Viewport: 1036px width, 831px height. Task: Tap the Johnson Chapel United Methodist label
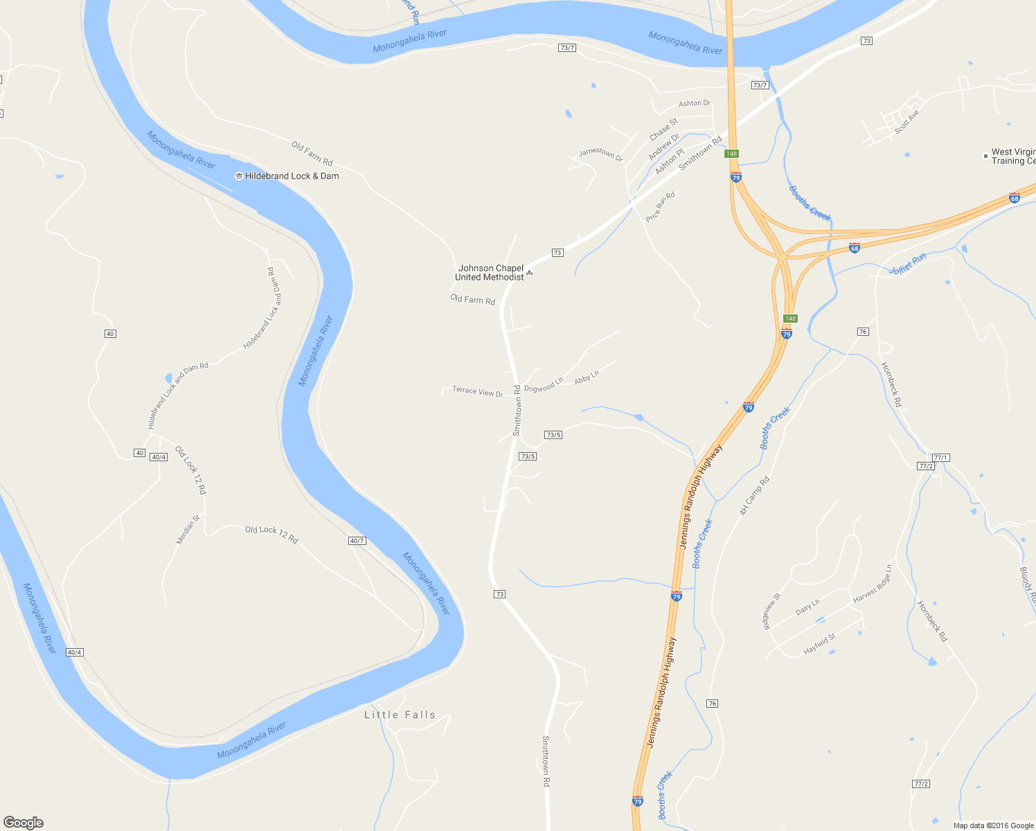(x=490, y=273)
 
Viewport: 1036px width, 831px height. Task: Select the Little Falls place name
(x=400, y=715)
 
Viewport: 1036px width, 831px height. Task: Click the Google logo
(x=24, y=823)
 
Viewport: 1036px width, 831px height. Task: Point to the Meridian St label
(x=188, y=529)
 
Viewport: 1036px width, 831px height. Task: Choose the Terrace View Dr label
(x=477, y=391)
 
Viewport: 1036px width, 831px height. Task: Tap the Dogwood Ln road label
(x=544, y=384)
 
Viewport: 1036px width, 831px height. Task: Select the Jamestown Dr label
(x=600, y=154)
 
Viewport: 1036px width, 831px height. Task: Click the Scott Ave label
(x=906, y=122)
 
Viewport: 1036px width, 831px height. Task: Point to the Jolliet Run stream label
(x=907, y=264)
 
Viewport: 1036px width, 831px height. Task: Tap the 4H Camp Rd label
(x=754, y=496)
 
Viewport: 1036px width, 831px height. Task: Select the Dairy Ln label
(x=807, y=607)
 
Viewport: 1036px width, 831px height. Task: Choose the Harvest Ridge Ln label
(x=873, y=584)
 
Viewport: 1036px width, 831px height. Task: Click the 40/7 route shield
(x=357, y=541)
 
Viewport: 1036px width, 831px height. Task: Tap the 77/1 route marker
(x=940, y=458)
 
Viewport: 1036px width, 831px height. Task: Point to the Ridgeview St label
(x=771, y=611)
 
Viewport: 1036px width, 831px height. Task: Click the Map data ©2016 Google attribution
(x=993, y=825)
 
